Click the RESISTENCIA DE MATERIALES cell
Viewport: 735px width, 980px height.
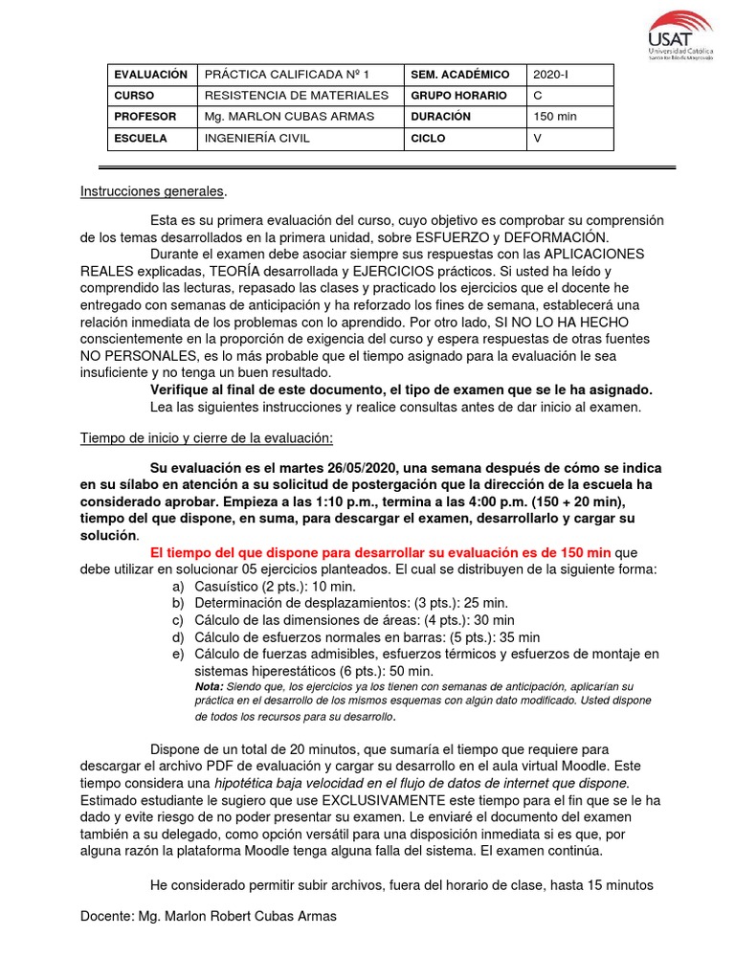297,96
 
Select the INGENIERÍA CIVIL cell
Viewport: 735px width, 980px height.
256,139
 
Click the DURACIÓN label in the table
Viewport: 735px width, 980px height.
441,117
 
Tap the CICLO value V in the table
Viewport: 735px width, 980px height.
537,139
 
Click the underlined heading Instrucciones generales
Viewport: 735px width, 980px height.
153,191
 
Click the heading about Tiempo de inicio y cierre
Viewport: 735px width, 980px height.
206,437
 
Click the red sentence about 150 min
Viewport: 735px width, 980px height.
380,552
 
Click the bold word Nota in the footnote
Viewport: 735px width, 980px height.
209,686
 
